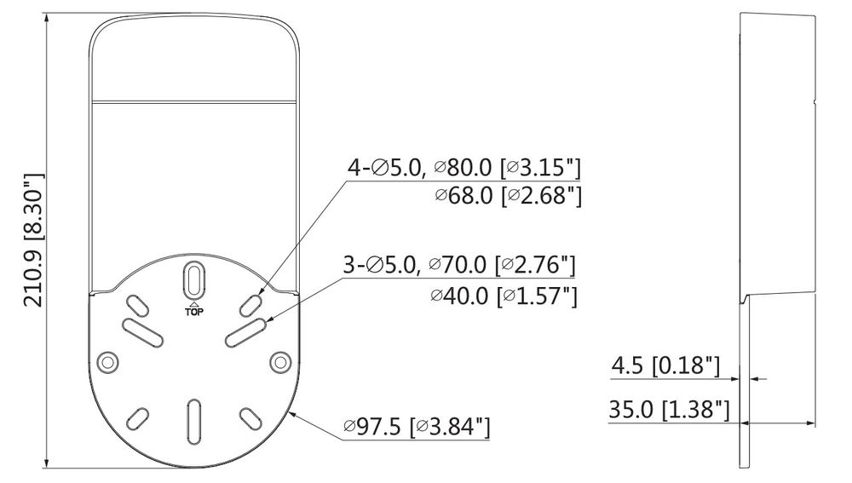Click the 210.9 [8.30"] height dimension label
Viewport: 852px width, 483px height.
tap(33, 240)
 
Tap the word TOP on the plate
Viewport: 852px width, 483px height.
tap(194, 312)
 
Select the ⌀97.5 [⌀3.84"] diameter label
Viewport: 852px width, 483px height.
tap(417, 427)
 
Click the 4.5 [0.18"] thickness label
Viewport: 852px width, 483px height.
tap(665, 365)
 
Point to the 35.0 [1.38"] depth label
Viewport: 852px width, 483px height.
tap(669, 409)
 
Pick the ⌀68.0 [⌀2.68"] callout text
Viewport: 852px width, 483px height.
tap(508, 196)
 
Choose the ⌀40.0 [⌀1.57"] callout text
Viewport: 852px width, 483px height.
tap(504, 296)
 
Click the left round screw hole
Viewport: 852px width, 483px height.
tap(107, 361)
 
